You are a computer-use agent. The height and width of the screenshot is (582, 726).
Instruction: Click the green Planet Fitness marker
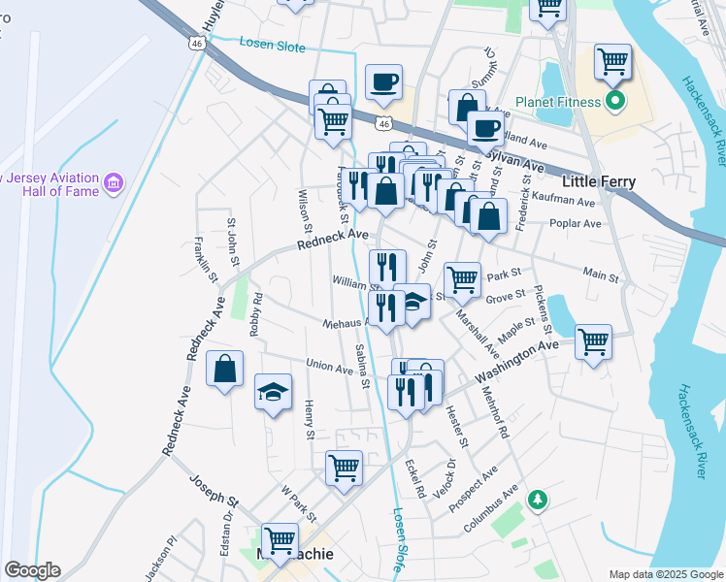(614, 101)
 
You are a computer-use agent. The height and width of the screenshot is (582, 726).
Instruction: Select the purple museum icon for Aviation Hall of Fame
(114, 181)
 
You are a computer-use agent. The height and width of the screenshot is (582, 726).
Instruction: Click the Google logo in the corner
(32, 570)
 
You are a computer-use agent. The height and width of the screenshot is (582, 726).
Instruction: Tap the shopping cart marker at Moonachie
(280, 539)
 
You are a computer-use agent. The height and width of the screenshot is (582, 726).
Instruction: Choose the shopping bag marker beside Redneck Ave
(224, 370)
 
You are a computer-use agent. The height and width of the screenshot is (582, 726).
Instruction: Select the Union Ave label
(330, 367)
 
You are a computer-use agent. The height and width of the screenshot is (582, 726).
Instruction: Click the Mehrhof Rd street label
(495, 414)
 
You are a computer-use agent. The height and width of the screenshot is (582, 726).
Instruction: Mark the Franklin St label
(206, 260)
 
